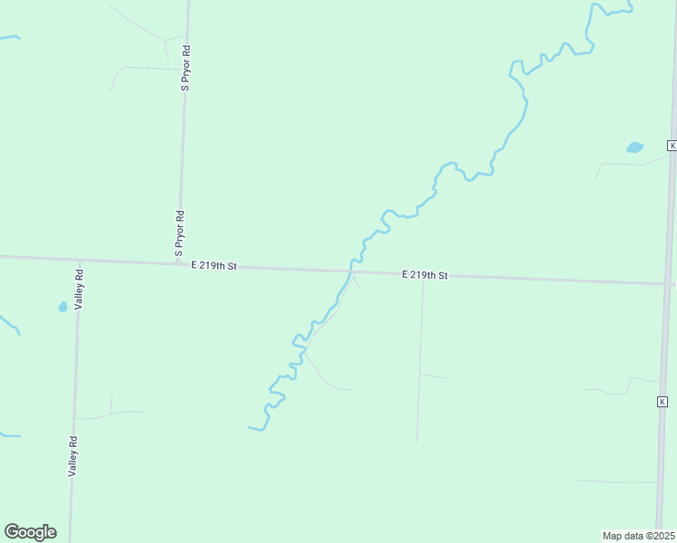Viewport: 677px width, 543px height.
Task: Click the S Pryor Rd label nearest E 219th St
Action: [179, 232]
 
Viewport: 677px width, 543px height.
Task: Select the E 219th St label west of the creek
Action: [214, 266]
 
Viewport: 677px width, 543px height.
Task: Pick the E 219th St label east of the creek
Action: [425, 274]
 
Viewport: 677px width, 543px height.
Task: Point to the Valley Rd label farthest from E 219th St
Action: [73, 456]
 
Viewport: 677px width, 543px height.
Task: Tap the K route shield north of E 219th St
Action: [672, 146]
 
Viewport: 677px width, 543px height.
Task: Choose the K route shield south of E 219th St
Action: [663, 401]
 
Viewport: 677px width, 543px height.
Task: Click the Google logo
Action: [30, 532]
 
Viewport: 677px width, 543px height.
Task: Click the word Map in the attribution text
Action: [613, 536]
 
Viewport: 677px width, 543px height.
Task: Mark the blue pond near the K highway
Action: [634, 147]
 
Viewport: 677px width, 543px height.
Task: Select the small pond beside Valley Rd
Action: [62, 307]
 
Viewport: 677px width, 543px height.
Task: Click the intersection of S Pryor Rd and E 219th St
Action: [178, 263]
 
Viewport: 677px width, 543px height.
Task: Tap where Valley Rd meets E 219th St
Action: [79, 261]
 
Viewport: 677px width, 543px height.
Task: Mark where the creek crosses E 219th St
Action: [349, 271]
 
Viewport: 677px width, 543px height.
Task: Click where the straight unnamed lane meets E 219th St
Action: [423, 275]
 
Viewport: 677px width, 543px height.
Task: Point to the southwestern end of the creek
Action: [250, 427]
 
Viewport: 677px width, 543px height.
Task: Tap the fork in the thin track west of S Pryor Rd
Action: [165, 41]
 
